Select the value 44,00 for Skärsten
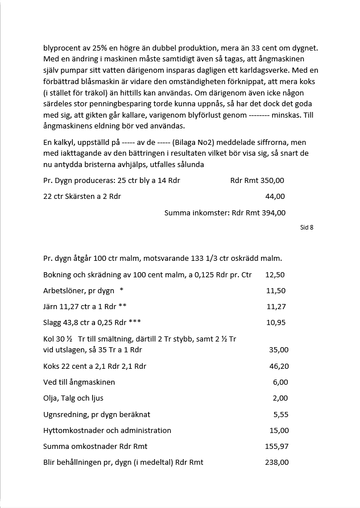click(275, 197)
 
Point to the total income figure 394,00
click(273, 213)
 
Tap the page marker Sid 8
click(307, 227)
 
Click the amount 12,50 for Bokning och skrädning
click(275, 274)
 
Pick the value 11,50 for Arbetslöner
click(276, 290)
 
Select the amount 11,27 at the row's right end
click(276, 306)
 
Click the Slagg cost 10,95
click(276, 322)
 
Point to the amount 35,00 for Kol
click(279, 350)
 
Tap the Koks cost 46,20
click(279, 366)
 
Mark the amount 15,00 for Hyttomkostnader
click(279, 430)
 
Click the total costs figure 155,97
click(277, 446)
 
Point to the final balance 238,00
click(277, 462)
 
